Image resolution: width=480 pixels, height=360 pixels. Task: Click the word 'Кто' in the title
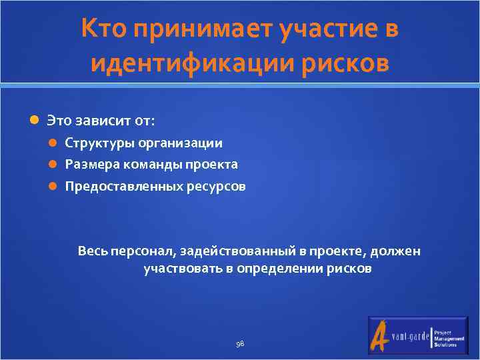pos(104,30)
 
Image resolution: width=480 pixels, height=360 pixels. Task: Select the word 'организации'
pos(188,143)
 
